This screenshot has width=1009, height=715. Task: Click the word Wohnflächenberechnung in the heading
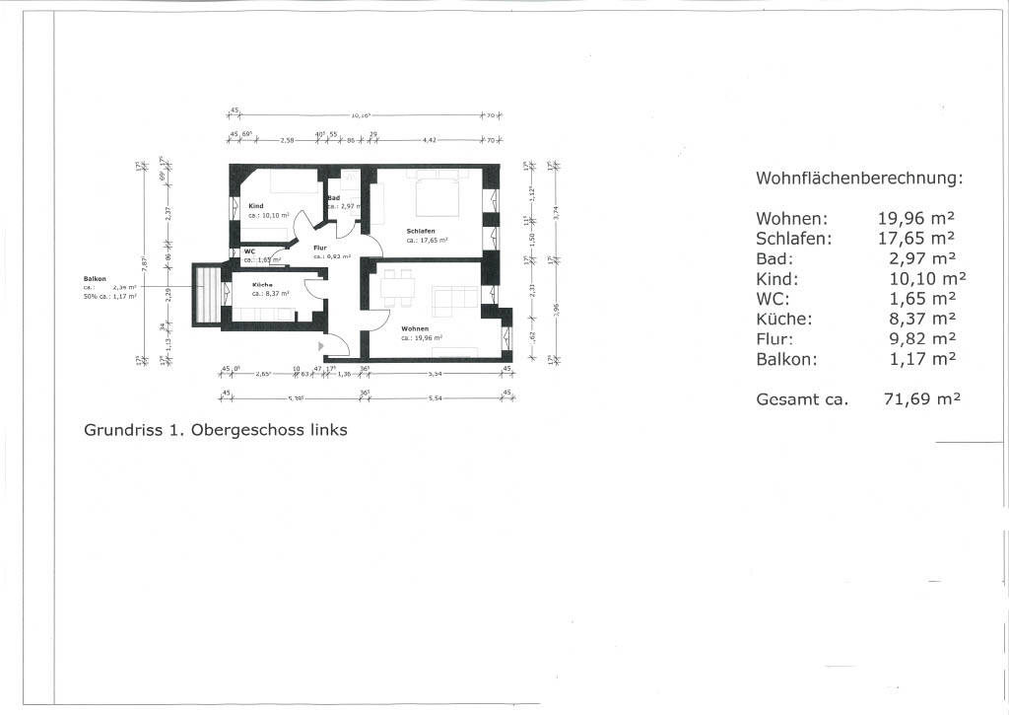point(858,179)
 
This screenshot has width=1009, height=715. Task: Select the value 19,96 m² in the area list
point(916,219)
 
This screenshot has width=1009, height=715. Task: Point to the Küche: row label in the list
point(784,319)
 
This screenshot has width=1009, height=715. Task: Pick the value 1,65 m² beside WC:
point(922,299)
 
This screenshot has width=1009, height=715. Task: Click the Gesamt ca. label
point(801,399)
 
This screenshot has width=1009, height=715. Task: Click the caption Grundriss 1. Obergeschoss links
point(216,430)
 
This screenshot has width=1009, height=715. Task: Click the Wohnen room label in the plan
point(415,328)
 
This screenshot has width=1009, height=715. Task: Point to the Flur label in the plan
point(320,248)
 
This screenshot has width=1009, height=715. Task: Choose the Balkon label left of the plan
point(95,279)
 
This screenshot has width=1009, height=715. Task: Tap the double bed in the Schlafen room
point(438,196)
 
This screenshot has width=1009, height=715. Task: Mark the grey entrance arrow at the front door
point(321,347)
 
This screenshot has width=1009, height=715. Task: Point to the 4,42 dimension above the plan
point(430,141)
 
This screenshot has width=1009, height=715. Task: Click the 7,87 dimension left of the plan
point(145,264)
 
